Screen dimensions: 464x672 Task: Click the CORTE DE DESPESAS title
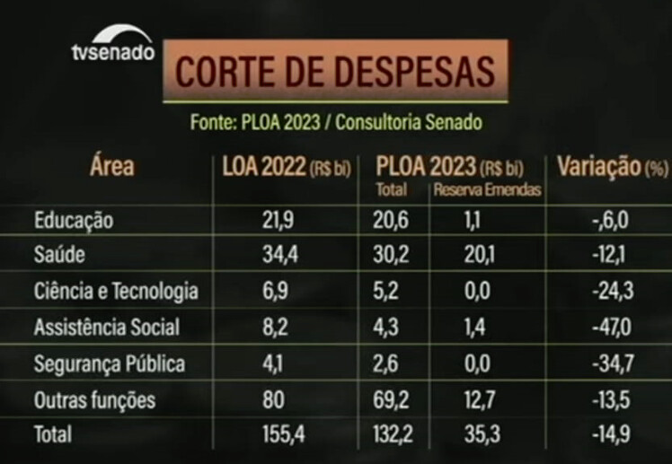[x=334, y=72]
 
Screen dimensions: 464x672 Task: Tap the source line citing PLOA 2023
[x=336, y=122]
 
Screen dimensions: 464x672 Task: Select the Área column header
[x=111, y=166]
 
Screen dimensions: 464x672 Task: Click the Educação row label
[x=75, y=221]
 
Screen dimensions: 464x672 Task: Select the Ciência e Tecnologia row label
[x=116, y=292]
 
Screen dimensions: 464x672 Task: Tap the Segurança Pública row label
[x=109, y=363]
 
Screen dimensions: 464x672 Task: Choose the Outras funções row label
[x=94, y=399]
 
